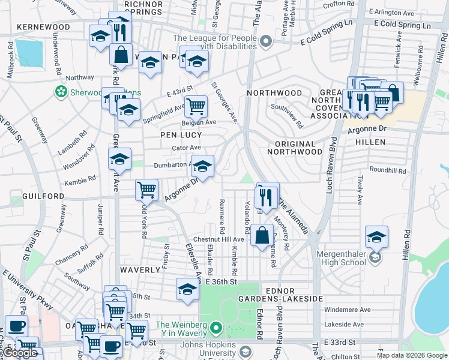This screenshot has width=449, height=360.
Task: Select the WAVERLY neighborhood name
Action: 140,270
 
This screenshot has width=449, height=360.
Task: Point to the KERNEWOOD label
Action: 44,27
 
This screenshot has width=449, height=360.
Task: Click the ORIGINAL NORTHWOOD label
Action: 298,148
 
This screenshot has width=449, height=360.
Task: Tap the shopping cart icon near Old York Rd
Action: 146,190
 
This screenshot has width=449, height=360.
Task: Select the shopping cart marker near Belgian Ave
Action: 196,107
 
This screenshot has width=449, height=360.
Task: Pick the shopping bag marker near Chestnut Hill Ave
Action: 262,235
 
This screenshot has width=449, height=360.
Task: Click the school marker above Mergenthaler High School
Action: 376,236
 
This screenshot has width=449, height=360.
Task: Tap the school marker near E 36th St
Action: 187,289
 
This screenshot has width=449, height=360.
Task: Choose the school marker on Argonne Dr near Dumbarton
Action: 202,166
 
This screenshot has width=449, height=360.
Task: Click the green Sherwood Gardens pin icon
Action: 60,92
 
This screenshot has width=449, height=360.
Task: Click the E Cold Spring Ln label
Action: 402,26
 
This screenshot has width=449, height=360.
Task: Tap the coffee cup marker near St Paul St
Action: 16,326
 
